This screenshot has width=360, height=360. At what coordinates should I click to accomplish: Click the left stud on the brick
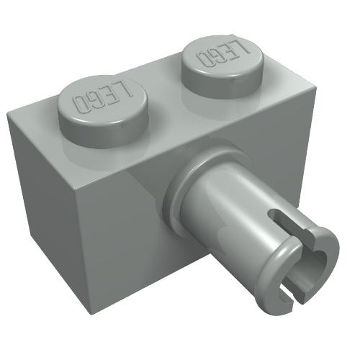coord(103,111)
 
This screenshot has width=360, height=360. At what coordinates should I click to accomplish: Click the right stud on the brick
coord(223,67)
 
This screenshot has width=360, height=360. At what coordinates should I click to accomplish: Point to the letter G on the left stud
coord(95,99)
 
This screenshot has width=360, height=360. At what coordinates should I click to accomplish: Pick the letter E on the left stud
coord(109,93)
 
